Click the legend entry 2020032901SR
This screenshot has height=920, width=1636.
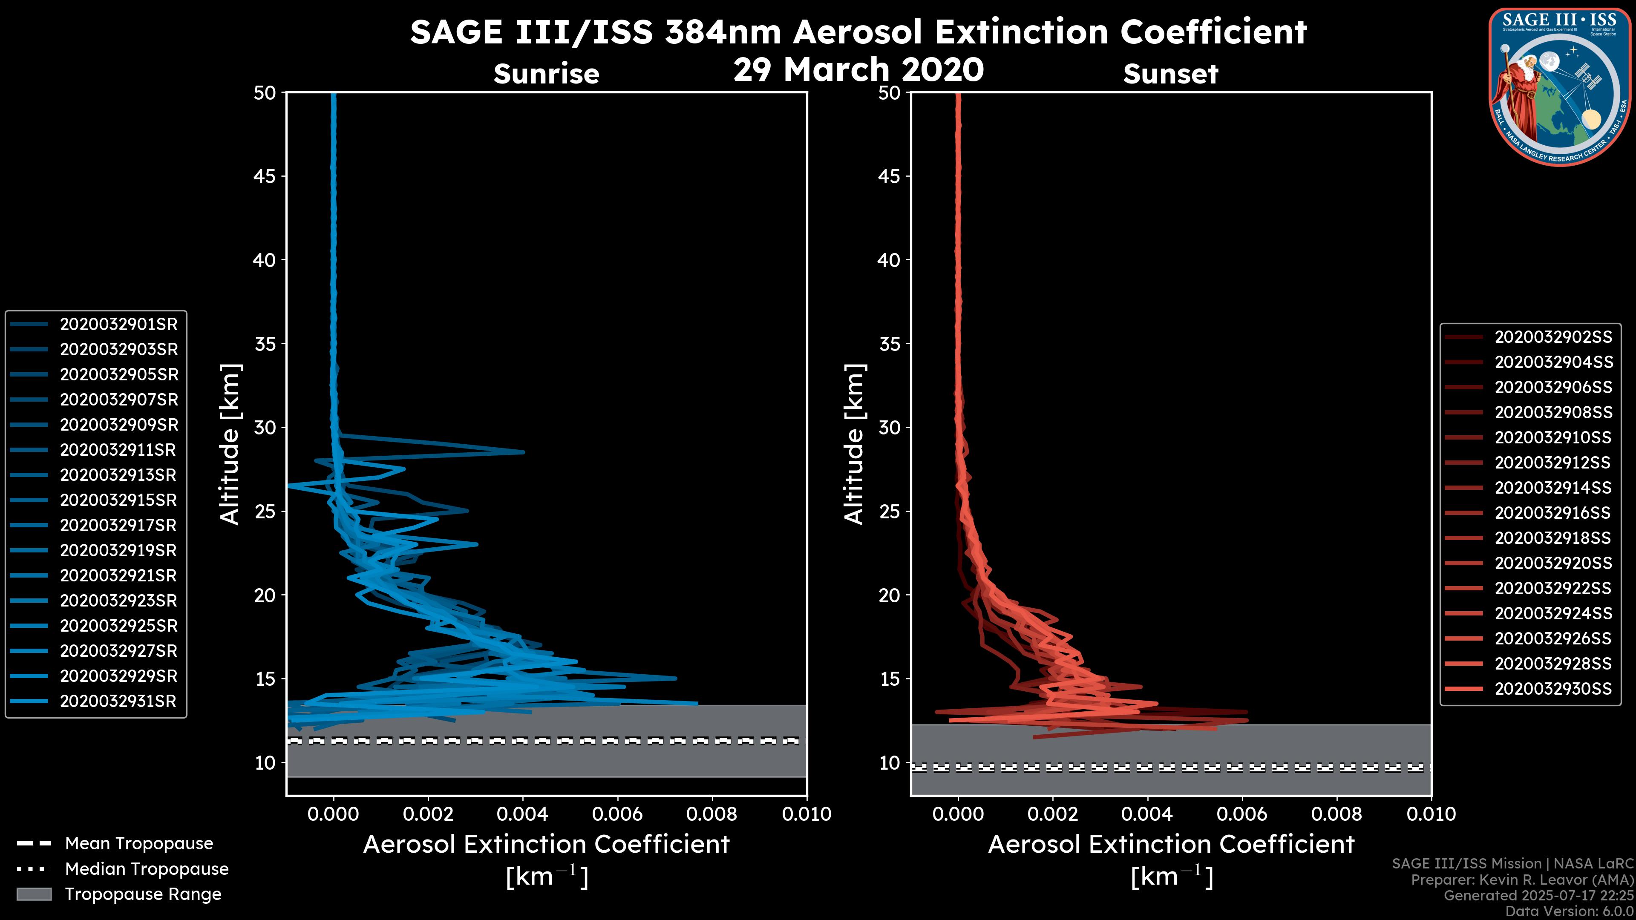(118, 325)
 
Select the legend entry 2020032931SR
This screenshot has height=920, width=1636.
(118, 701)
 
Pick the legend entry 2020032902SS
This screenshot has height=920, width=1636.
(1553, 337)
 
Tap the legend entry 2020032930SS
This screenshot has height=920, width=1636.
(1553, 689)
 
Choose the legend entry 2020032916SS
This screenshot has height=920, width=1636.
(1553, 513)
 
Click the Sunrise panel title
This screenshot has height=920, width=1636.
(546, 74)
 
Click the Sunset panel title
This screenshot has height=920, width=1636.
(1170, 74)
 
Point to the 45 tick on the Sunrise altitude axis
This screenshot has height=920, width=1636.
(265, 176)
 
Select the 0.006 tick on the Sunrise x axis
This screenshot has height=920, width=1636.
(617, 814)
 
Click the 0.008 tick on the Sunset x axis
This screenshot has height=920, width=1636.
(1337, 814)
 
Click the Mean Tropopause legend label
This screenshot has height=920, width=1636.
(138, 844)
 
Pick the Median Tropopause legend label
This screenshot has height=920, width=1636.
(146, 869)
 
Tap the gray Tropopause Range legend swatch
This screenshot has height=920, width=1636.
(34, 894)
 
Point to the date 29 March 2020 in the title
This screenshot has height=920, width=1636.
(858, 70)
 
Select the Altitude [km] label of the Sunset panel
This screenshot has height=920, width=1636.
(854, 444)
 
